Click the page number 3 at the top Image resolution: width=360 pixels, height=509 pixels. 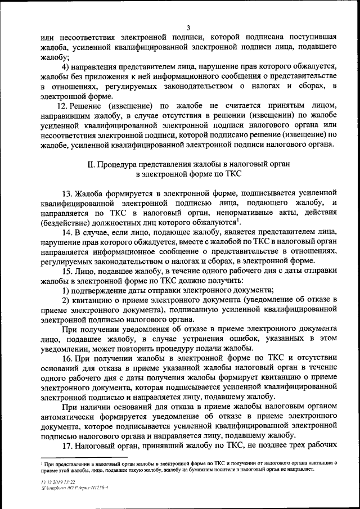[188, 28]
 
